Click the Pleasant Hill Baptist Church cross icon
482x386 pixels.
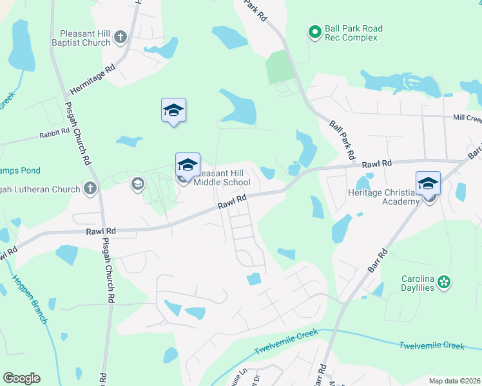(120, 38)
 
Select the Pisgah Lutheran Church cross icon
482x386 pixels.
(91, 188)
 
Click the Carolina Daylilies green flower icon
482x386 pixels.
(443, 282)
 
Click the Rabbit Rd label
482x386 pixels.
(54, 134)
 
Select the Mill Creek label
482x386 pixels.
(467, 118)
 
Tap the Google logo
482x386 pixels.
(21, 378)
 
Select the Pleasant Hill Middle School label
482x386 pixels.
(222, 178)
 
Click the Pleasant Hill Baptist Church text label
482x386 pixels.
(84, 38)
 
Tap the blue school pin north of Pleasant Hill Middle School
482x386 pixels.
(173, 111)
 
